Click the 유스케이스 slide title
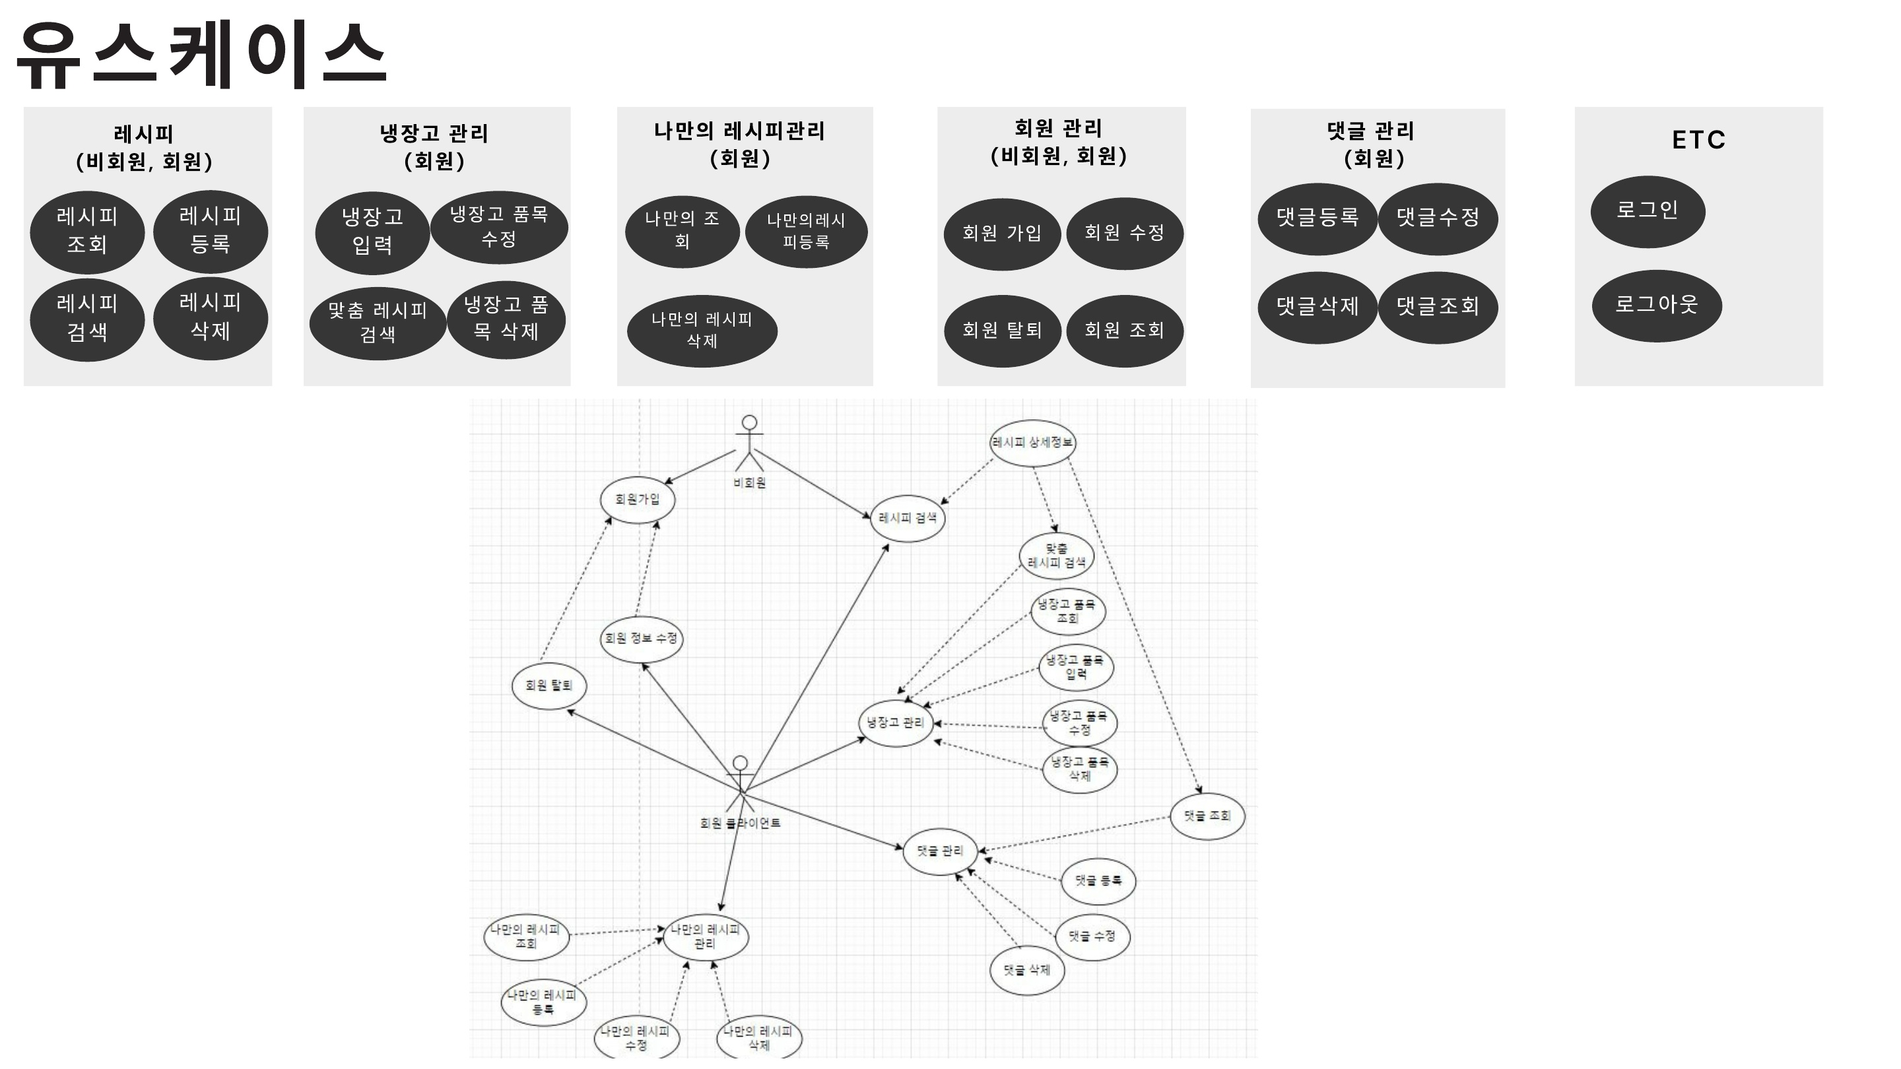tap(201, 55)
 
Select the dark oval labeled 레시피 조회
tap(87, 232)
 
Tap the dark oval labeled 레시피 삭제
tap(211, 318)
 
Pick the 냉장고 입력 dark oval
tap(372, 232)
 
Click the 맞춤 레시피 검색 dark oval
tap(377, 323)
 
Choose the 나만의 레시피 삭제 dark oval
tap(701, 331)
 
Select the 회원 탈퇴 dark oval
tap(1001, 331)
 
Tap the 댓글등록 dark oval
tap(1317, 218)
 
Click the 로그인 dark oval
tap(1647, 211)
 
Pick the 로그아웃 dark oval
tap(1656, 306)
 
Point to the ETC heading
tap(1698, 140)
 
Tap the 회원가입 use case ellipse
tap(638, 500)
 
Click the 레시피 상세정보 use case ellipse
tap(1032, 443)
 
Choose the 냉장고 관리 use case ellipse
tap(895, 723)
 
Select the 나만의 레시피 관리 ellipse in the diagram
tap(706, 937)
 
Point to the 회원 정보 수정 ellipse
tap(640, 639)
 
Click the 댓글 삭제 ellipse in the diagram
tap(1026, 970)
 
